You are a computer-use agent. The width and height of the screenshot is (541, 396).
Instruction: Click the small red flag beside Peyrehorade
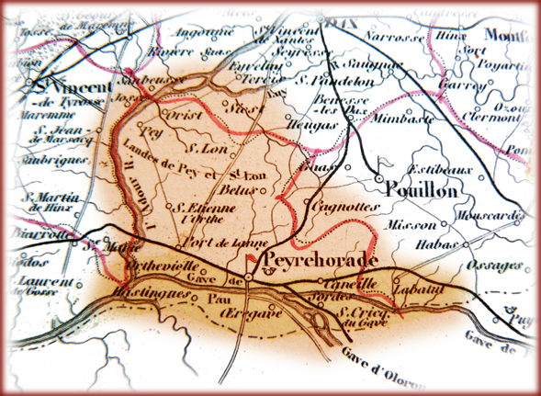[251, 262]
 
